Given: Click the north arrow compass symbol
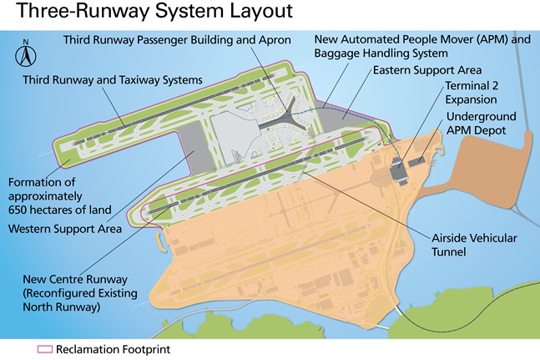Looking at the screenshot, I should [26, 56].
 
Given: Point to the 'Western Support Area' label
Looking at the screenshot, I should [65, 228].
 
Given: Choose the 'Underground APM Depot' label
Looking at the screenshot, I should [481, 124].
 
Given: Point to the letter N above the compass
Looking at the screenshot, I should [26, 41].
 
